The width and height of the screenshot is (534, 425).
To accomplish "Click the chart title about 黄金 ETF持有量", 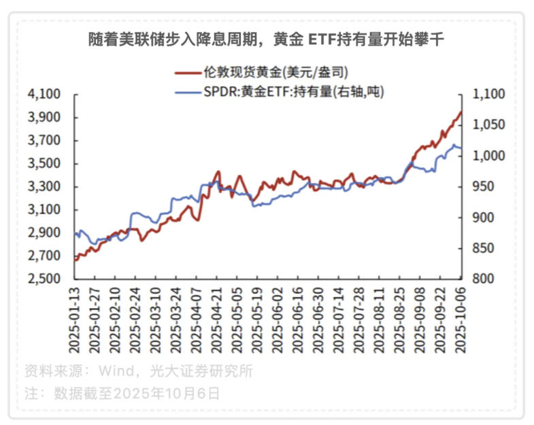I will point(266,40).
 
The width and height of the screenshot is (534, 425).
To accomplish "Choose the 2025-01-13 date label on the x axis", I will point(76,320).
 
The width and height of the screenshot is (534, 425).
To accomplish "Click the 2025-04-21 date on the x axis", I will point(218,320).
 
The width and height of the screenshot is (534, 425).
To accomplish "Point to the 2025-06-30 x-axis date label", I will point(318,320).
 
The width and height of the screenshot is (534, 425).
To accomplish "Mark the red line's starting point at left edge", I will point(76,259).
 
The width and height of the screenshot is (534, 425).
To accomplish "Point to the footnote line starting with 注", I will point(122,393).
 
